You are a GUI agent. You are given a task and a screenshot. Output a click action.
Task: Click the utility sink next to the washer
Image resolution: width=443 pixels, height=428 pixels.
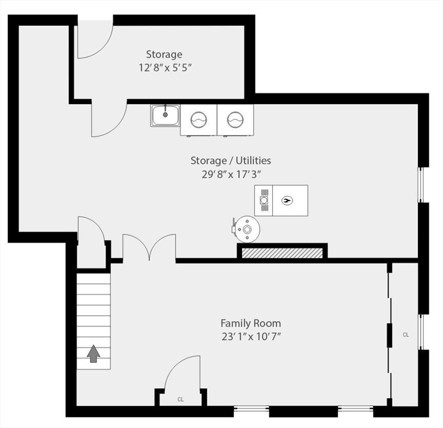(x=165, y=115)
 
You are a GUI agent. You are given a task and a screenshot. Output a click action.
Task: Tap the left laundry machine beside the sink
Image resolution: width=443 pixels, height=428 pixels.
(x=199, y=120)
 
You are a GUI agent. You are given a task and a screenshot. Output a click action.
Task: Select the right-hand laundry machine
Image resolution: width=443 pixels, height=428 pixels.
(x=235, y=120)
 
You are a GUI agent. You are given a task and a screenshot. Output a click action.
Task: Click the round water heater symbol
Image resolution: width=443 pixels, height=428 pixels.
(x=247, y=230)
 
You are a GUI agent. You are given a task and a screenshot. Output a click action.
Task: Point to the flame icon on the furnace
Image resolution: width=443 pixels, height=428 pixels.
(x=287, y=201)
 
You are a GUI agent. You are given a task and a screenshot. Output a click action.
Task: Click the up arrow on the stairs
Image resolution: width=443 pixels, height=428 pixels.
(x=93, y=354)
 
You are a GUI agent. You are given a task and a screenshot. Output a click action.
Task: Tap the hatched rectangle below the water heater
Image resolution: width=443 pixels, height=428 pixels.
(x=282, y=253)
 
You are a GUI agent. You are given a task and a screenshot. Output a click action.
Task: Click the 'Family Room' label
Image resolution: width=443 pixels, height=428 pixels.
(x=250, y=323)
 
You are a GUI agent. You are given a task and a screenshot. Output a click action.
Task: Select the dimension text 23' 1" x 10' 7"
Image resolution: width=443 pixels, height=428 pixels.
(x=251, y=337)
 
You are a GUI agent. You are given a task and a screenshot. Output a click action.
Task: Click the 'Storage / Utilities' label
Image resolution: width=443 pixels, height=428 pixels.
(x=231, y=160)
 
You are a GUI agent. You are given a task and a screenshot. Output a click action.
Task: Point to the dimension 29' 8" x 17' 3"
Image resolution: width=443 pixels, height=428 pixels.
(x=231, y=174)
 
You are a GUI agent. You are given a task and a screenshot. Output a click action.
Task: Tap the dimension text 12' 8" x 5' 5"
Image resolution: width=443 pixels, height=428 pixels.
(x=165, y=68)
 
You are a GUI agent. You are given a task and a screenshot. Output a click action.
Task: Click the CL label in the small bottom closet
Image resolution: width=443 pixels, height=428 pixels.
(x=180, y=400)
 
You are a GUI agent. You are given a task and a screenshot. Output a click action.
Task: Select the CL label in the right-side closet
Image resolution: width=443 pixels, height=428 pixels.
(x=406, y=335)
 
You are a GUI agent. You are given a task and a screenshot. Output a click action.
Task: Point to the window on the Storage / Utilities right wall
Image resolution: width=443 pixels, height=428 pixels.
(x=420, y=184)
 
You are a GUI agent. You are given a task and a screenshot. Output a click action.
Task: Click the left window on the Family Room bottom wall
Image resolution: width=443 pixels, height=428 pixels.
(x=251, y=408)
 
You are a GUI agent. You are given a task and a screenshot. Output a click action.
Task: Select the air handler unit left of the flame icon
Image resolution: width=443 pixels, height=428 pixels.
(x=264, y=201)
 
